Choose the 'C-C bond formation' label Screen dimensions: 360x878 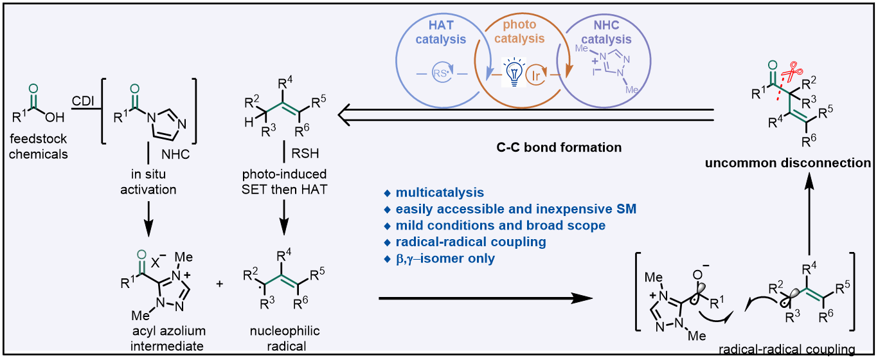coord(559,148)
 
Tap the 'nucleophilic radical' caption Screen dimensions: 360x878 coord(285,339)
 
